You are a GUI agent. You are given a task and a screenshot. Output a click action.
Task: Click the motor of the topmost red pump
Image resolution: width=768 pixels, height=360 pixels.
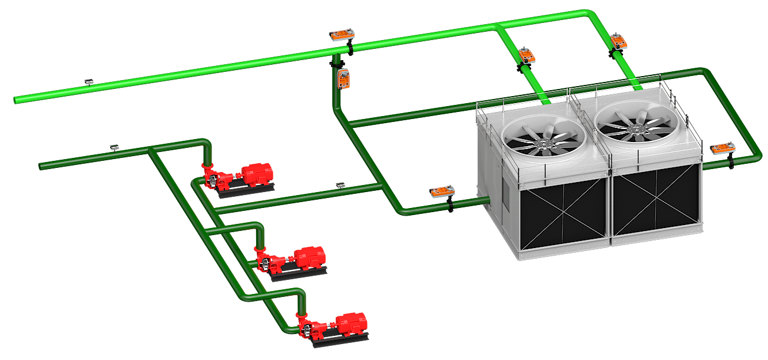(x=256, y=174)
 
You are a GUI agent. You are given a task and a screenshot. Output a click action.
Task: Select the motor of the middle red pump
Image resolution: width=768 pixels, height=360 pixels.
(x=309, y=257)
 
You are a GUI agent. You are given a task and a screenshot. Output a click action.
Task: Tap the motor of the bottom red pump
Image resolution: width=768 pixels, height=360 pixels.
(x=351, y=323)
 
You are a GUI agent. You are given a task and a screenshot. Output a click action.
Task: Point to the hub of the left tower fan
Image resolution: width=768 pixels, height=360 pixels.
(x=544, y=143)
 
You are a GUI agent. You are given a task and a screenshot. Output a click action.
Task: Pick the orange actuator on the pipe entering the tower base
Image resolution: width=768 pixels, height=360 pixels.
(x=442, y=192)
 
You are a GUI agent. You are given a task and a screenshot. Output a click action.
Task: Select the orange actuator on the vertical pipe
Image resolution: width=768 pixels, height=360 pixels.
(x=343, y=77)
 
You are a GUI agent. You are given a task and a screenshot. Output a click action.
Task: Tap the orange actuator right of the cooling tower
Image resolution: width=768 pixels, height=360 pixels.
(x=722, y=149)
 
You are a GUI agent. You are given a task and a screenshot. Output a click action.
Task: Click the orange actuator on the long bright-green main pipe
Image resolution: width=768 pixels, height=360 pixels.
(x=342, y=35)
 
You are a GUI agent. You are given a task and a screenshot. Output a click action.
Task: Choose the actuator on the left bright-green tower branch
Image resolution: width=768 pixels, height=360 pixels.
(x=527, y=56)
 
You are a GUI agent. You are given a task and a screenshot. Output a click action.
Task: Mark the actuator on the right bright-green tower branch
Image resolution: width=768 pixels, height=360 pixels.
(x=618, y=41)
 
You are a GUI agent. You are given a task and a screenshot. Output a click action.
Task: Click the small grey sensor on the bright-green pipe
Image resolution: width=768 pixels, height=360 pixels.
(x=89, y=81)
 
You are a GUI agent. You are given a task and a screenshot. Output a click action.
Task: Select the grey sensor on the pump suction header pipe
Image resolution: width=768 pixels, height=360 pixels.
(x=115, y=146)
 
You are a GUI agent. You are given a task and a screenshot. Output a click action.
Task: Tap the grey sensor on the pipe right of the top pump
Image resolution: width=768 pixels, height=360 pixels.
(x=340, y=185)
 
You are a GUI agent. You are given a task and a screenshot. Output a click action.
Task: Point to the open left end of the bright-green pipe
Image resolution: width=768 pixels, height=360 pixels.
(x=16, y=100)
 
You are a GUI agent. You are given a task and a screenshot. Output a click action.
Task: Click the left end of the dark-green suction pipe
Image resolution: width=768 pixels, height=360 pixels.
(x=42, y=166)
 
